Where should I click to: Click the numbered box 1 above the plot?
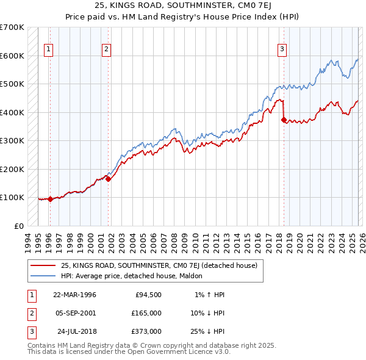coord(48,50)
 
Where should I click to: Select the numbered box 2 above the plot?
coord(106,50)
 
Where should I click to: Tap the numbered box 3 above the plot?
coord(282,50)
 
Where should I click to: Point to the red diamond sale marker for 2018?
coord(284,120)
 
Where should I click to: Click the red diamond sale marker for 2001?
coord(108,179)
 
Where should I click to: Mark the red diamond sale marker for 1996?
coord(50,199)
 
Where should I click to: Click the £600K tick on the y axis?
coord(12,56)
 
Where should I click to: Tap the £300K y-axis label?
coord(12,141)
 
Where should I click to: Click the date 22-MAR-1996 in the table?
coord(74,295)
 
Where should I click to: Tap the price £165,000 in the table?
coord(146,313)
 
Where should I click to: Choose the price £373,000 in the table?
coord(146,331)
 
